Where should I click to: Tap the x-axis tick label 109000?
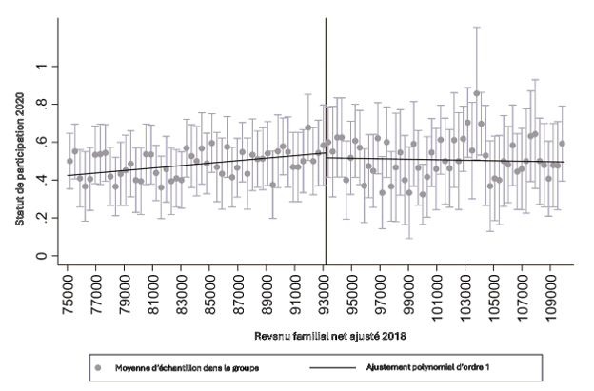click(x=552, y=290)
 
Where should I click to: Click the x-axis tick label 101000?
click(x=439, y=290)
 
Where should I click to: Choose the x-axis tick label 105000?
click(x=496, y=290)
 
